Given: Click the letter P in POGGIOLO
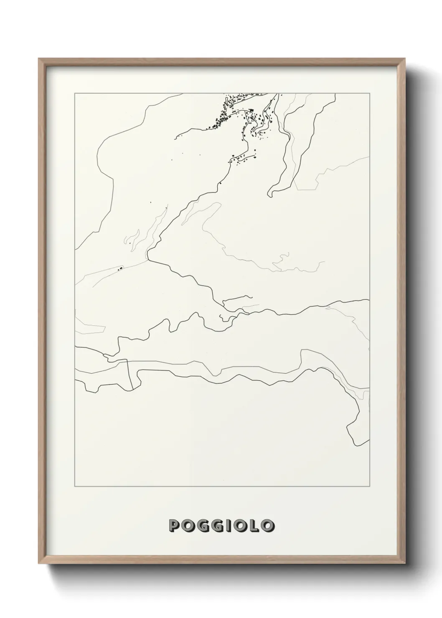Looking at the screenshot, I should point(175,525).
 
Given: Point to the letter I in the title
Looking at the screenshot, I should point(229,525).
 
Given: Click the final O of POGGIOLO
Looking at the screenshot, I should point(267,525).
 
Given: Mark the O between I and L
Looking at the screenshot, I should point(241,525).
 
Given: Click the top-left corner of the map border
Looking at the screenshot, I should point(75,94).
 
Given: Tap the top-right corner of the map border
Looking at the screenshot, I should point(369,94).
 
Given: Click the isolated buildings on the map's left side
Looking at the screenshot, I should point(120,268).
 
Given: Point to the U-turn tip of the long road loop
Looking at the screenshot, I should point(270,194).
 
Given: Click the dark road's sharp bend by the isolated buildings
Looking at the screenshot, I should point(148,258).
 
